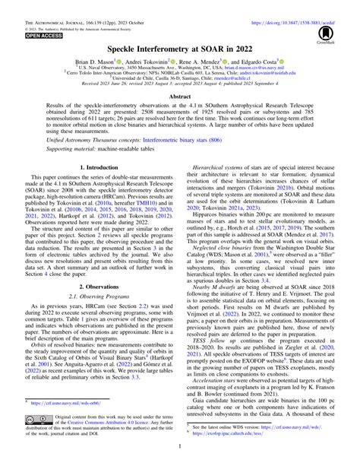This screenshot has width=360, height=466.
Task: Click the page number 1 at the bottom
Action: [x=180, y=459]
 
